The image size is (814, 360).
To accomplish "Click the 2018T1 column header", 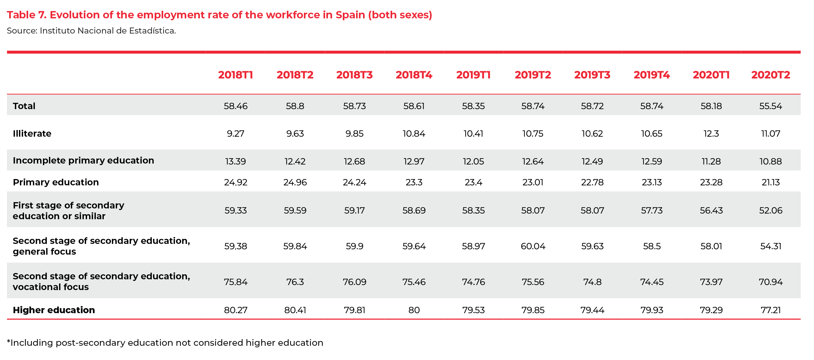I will (x=235, y=75).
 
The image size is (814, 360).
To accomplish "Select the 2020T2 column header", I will (x=770, y=75).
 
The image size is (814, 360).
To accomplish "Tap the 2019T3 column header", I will (x=592, y=75).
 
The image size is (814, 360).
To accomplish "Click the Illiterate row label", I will (x=32, y=133).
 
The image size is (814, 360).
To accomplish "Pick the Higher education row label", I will (x=54, y=310).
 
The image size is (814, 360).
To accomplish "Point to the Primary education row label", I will (x=56, y=182).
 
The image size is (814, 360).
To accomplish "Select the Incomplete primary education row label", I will (x=83, y=160).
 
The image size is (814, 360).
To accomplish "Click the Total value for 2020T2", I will (x=770, y=106).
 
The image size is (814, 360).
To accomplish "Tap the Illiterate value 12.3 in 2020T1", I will (x=711, y=133).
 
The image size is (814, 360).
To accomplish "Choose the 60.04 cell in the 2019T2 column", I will (x=533, y=246).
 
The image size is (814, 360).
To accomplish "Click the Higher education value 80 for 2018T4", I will (x=414, y=310).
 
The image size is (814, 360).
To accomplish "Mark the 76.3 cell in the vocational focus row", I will (x=295, y=282).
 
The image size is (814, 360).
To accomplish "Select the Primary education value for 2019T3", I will (x=592, y=182).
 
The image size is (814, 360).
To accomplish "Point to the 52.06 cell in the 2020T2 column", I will (x=770, y=210).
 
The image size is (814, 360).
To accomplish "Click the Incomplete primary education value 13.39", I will (x=235, y=161).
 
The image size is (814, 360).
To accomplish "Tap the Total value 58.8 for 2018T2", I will (x=295, y=106).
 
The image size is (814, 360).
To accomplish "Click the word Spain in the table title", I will (x=350, y=15).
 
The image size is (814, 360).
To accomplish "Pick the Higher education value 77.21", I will (x=770, y=310).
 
